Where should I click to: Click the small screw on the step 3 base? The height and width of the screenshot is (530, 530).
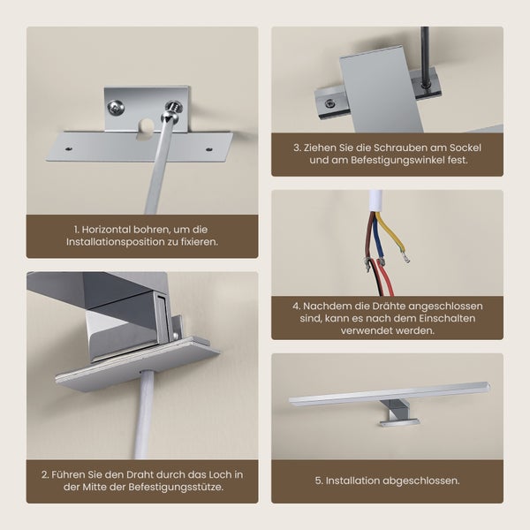[x=329, y=103]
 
